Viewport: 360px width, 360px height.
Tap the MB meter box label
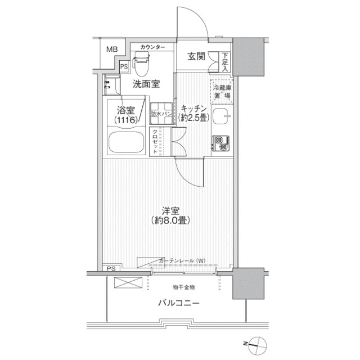click(x=112, y=49)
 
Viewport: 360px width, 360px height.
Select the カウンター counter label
click(x=154, y=47)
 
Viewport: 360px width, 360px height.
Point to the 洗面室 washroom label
click(x=146, y=84)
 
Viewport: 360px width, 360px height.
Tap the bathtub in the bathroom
click(x=125, y=143)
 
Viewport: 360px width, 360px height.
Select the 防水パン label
click(x=161, y=114)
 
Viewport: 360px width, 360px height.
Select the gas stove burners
click(x=220, y=144)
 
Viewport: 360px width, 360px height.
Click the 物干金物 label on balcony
click(x=183, y=287)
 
